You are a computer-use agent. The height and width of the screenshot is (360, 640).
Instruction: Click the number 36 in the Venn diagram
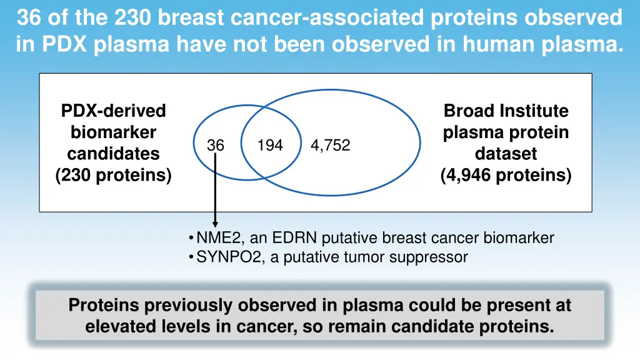point(216,146)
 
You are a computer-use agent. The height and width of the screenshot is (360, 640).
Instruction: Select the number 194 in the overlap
point(270,146)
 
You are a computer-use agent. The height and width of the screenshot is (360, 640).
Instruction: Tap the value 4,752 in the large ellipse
point(330,146)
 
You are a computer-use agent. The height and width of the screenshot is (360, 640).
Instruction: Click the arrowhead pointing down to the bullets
point(216,223)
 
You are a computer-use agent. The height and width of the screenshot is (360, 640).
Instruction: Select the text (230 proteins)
point(113,176)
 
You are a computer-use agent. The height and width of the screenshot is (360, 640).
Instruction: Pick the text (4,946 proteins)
point(506,176)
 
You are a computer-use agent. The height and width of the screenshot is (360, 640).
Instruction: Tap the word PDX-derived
point(113,111)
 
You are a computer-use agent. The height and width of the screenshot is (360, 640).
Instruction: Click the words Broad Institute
point(506,111)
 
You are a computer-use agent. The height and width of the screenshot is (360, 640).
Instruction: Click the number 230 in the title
point(134,17)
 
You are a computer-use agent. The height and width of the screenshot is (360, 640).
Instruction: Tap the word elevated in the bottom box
point(119,326)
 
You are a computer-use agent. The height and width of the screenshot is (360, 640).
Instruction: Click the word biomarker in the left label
point(113,132)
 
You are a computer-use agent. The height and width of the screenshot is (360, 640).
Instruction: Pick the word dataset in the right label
point(506,154)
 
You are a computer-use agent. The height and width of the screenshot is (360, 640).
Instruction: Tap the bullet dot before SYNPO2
point(190,257)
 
